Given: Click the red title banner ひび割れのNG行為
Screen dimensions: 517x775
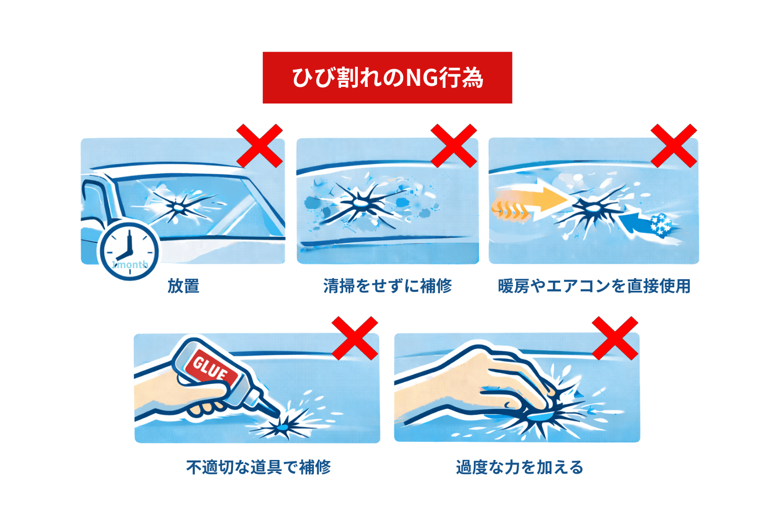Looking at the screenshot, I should [387, 78].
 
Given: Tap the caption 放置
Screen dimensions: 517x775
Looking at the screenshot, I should [184, 286].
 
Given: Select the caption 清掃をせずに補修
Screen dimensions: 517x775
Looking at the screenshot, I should [387, 286].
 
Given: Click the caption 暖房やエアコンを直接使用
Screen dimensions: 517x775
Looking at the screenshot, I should [594, 286].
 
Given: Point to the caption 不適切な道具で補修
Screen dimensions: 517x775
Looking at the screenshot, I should [258, 467].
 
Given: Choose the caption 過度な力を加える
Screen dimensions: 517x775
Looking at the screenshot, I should [520, 467].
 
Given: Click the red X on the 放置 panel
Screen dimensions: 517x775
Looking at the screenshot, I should [259, 145].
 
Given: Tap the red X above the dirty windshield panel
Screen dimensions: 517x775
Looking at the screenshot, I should [453, 145].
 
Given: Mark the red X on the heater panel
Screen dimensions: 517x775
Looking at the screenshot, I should [674, 145].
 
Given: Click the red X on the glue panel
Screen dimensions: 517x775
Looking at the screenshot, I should [355, 338].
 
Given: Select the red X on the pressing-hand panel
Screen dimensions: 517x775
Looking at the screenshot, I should [615, 338].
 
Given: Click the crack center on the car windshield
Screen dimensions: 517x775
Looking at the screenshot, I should [178, 205].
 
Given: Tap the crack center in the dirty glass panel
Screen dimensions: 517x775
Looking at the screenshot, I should [360, 202].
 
